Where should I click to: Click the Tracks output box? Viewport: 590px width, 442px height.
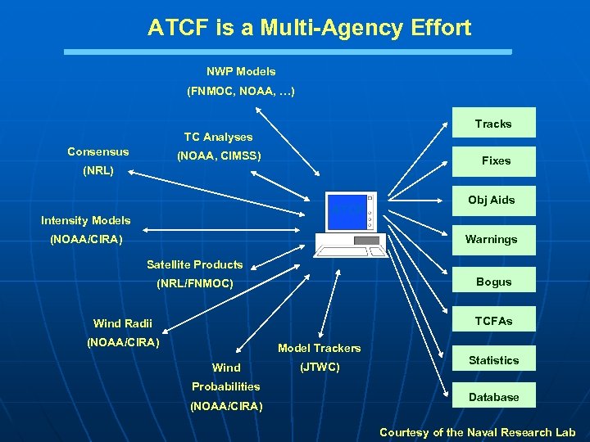tap(493, 123)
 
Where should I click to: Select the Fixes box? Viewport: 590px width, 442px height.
tap(496, 161)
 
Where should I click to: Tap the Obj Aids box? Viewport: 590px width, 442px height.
tap(492, 201)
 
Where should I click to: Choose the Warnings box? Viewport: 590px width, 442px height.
tap(492, 240)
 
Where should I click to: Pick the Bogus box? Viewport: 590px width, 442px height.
tap(493, 282)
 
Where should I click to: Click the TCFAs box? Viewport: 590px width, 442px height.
tap(493, 321)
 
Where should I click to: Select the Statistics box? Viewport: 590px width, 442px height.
tap(493, 360)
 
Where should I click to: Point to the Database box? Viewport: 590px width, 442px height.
tap(493, 397)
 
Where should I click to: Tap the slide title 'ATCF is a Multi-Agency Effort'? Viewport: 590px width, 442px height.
tap(309, 28)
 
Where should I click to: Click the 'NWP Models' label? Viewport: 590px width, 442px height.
tap(241, 71)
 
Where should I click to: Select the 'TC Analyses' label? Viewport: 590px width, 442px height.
tap(218, 137)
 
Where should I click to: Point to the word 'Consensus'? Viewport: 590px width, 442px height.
tap(98, 151)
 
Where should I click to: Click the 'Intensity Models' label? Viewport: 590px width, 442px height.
tap(85, 220)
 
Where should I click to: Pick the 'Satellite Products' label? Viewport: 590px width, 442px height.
tap(194, 264)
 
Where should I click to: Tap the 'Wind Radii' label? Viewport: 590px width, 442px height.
tap(122, 323)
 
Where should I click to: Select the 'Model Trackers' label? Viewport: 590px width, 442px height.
tap(319, 348)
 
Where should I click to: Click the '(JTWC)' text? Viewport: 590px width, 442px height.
tap(320, 367)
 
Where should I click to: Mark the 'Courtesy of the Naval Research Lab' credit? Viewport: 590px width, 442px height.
tap(477, 432)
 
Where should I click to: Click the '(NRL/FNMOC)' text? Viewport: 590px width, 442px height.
tap(194, 284)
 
